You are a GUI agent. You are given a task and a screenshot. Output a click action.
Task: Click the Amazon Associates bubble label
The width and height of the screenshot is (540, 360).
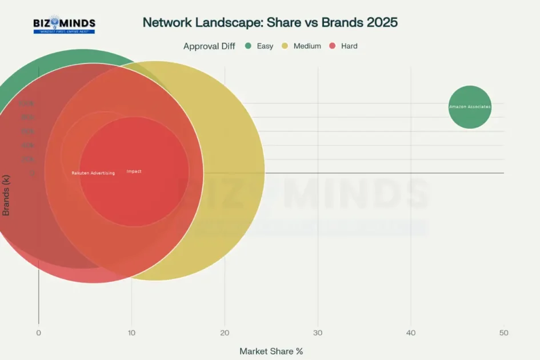pos(470,107)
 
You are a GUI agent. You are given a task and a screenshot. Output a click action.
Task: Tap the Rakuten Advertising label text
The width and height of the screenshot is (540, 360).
pos(93,173)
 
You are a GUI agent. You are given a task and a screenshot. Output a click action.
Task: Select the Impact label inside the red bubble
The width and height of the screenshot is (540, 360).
pos(134,171)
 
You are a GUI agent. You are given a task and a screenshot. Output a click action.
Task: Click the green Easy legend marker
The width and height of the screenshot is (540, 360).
pos(248,46)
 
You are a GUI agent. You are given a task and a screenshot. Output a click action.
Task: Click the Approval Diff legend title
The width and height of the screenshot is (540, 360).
pos(209,46)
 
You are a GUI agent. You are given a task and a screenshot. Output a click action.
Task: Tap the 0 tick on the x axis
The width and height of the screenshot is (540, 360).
pos(39,333)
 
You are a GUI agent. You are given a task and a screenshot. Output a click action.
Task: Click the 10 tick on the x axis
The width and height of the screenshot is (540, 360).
pos(131,333)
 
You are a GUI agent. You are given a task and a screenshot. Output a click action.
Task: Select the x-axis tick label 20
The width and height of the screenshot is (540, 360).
pos(225,333)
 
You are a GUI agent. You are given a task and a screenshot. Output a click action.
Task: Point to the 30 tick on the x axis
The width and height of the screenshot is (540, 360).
pos(318,333)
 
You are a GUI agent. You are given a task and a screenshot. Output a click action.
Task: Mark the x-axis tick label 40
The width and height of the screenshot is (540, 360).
pos(411,333)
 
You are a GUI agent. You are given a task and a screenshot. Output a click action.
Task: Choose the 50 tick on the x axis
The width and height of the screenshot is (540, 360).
pos(503,333)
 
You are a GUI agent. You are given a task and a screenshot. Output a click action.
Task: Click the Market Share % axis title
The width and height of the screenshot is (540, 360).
pos(271,351)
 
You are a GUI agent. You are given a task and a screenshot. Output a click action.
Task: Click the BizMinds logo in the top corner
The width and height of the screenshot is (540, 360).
pos(64,25)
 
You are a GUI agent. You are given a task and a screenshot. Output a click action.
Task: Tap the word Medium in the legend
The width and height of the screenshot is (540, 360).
pos(307,46)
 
